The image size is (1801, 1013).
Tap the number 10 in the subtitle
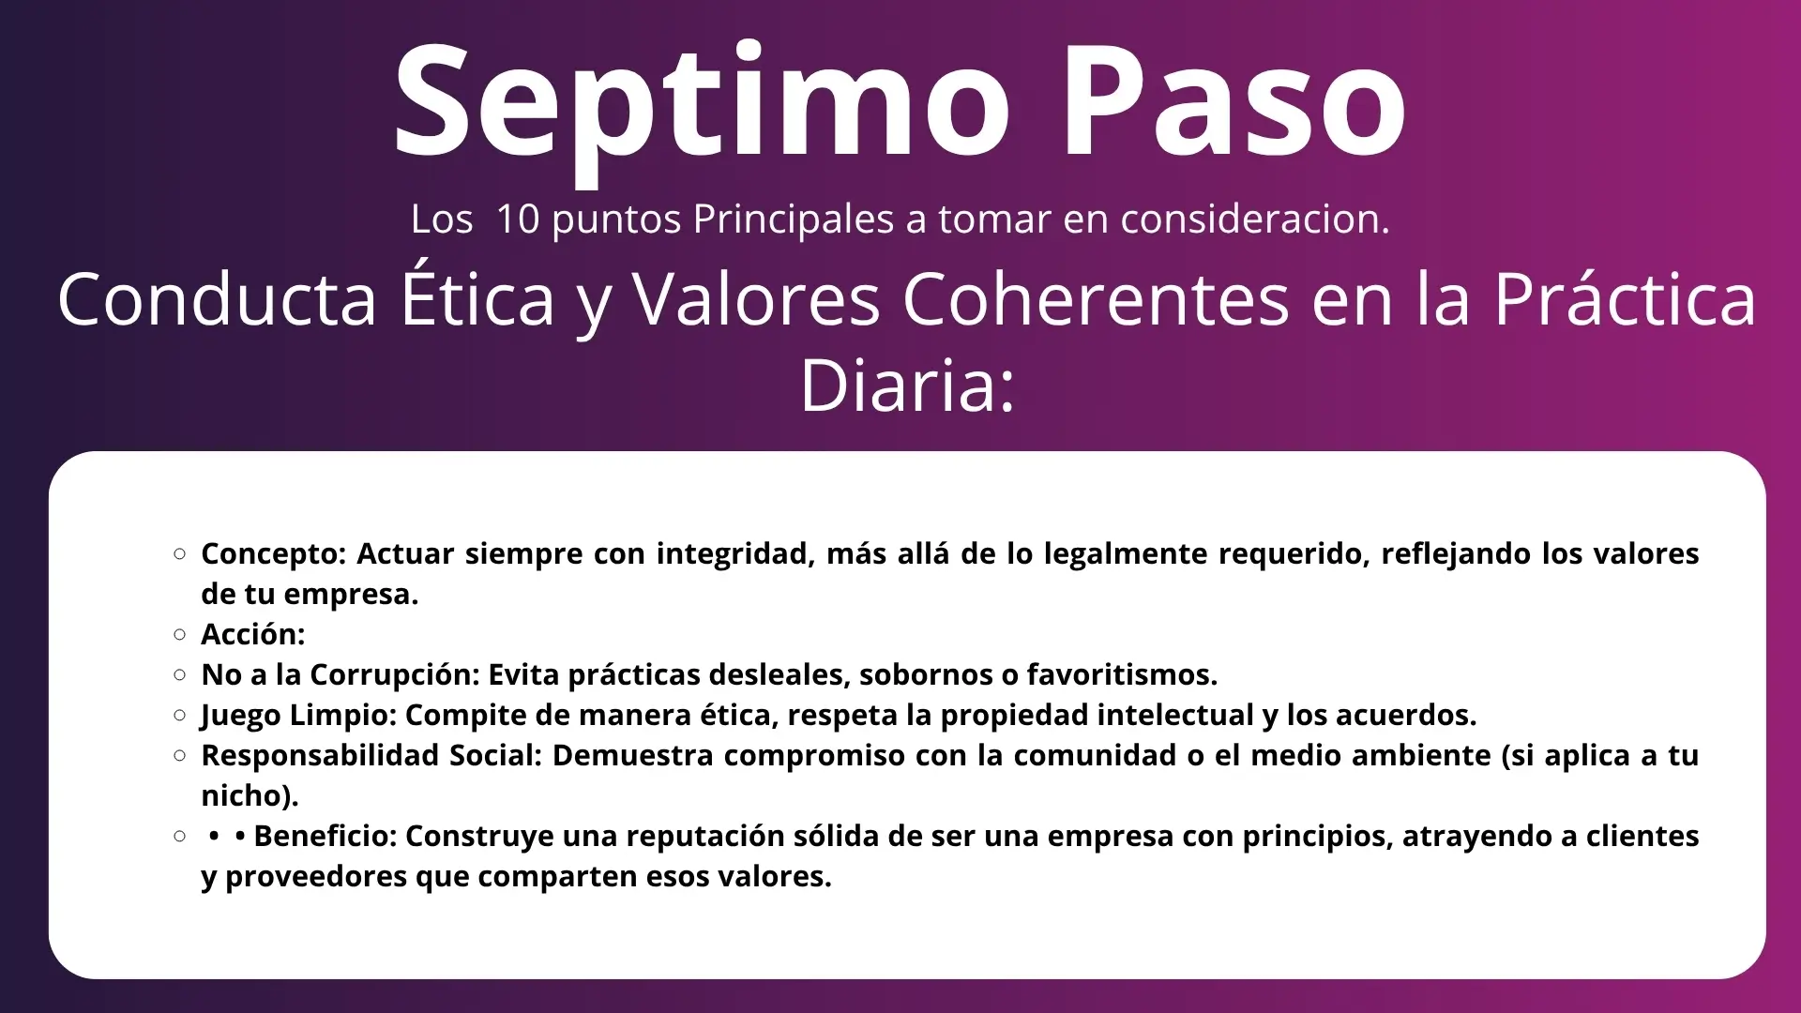click(518, 219)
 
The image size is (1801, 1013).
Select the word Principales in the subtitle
click(794, 219)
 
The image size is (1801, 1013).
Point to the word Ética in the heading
click(479, 299)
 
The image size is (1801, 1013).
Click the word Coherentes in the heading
click(1096, 299)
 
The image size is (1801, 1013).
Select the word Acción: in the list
click(253, 634)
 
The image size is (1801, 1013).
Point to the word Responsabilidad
click(320, 756)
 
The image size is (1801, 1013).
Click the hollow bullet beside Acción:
click(180, 634)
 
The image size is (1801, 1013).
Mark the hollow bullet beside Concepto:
click(180, 553)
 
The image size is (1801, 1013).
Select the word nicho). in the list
click(250, 795)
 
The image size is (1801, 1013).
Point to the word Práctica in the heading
click(1625, 299)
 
